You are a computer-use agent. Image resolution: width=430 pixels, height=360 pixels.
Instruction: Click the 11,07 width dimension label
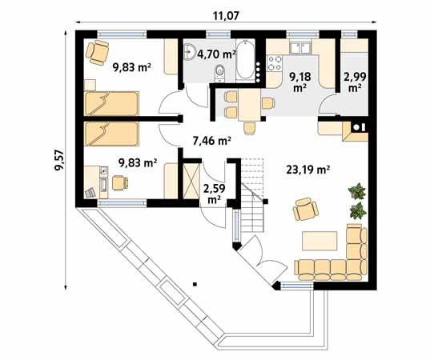225,14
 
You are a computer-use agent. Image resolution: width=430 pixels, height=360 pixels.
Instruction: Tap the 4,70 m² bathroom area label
218,54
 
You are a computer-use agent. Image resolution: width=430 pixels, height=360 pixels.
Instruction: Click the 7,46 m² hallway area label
212,140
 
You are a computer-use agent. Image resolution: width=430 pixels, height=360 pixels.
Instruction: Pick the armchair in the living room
305,210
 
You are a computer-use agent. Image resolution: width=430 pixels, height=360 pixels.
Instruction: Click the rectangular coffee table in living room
319,240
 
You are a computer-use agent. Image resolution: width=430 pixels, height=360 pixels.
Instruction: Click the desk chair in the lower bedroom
119,183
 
